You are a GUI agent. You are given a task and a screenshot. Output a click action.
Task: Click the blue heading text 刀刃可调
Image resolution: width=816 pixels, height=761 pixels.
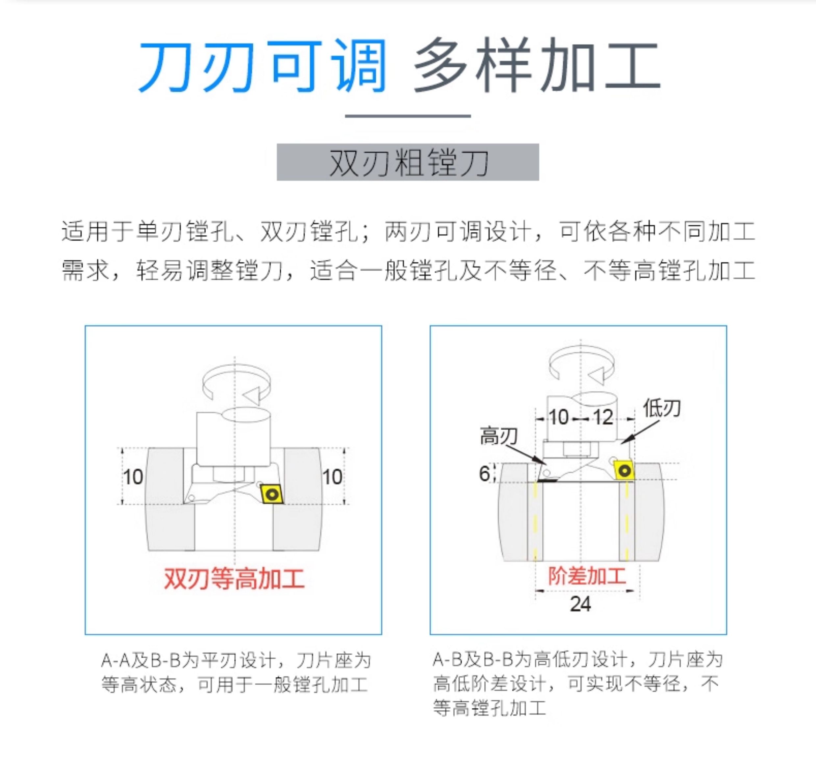[263, 66]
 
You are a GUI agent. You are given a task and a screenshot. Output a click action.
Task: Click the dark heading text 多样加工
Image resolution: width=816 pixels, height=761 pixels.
[537, 65]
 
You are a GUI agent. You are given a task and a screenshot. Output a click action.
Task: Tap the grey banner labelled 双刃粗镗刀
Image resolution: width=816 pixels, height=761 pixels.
[408, 162]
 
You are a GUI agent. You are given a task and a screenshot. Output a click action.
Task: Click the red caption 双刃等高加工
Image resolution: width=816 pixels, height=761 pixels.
[234, 579]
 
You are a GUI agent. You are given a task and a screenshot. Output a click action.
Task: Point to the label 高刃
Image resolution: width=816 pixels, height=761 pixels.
[499, 436]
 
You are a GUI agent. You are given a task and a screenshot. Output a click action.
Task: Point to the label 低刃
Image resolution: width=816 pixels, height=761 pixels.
[662, 408]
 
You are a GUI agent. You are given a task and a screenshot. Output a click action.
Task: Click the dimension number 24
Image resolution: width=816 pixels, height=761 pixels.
[580, 604]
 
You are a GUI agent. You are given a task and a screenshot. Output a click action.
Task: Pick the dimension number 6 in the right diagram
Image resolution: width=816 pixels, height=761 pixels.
[484, 474]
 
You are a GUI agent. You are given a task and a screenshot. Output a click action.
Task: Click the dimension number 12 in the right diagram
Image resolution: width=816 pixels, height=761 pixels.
[603, 417]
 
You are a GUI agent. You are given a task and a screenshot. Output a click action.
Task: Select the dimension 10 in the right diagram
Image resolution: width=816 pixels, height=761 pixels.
[558, 417]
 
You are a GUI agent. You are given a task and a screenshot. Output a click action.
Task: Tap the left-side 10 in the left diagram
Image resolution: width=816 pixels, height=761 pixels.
[133, 477]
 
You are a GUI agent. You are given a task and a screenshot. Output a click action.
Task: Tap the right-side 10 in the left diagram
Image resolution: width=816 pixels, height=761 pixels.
[332, 477]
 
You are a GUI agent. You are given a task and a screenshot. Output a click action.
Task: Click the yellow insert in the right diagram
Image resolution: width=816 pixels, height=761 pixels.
[624, 470]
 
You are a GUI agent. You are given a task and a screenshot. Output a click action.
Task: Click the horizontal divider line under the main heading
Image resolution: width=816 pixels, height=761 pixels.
[408, 116]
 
